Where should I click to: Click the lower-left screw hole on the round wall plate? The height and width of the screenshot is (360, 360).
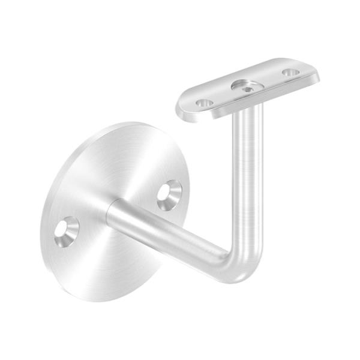point(66,230)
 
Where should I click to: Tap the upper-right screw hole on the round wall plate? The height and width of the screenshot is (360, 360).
point(170,194)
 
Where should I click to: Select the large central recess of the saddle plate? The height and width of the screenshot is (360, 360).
point(245,86)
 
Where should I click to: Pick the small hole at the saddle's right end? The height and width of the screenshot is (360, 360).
point(291,72)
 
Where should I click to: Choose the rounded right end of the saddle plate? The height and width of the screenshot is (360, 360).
point(315,70)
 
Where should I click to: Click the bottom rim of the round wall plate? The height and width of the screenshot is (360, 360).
point(96,299)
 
